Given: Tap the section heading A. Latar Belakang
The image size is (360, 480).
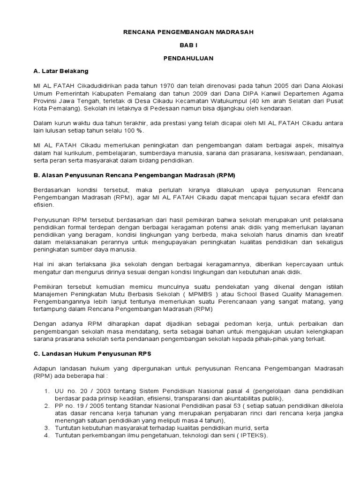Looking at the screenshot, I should [x=61, y=71].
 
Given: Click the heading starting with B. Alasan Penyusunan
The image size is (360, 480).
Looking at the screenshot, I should [x=134, y=175].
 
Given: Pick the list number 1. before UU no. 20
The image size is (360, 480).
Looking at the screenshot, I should [x=47, y=391].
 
